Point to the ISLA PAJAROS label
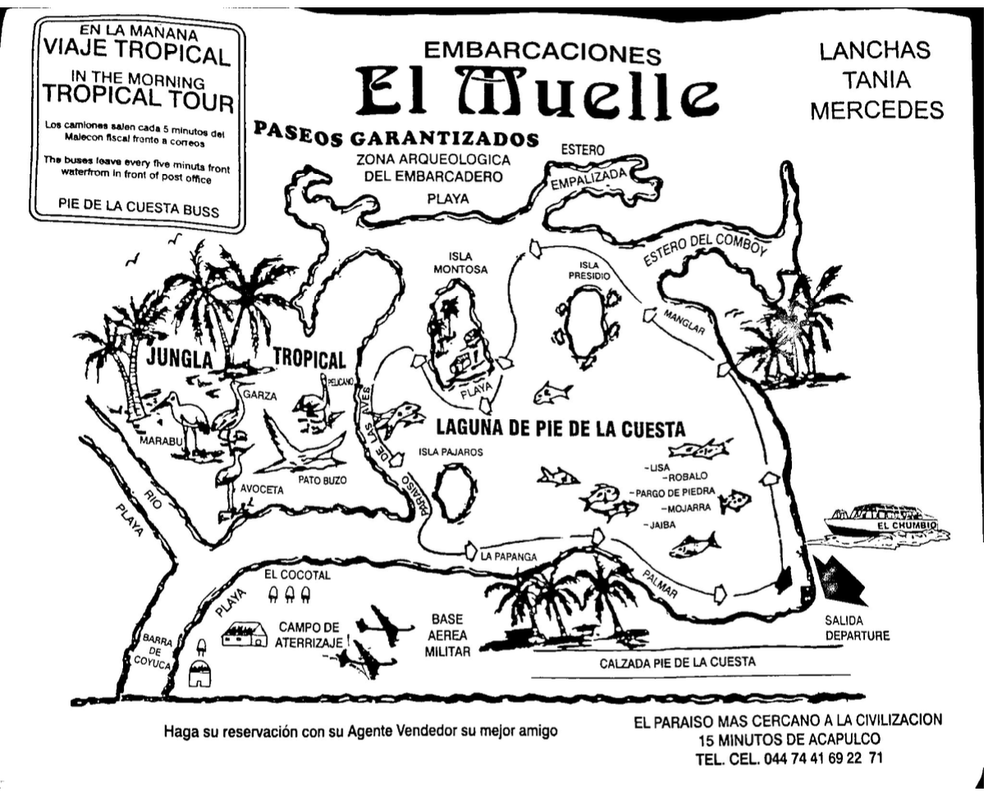pos(451,452)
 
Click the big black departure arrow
pos(840,579)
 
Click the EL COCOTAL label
pos(297,574)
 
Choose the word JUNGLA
pos(180,359)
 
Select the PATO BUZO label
pos(323,478)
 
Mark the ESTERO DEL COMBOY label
pos(704,244)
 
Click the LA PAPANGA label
pos(509,557)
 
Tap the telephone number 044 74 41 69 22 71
pos(822,758)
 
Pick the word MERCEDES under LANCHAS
pos(876,110)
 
